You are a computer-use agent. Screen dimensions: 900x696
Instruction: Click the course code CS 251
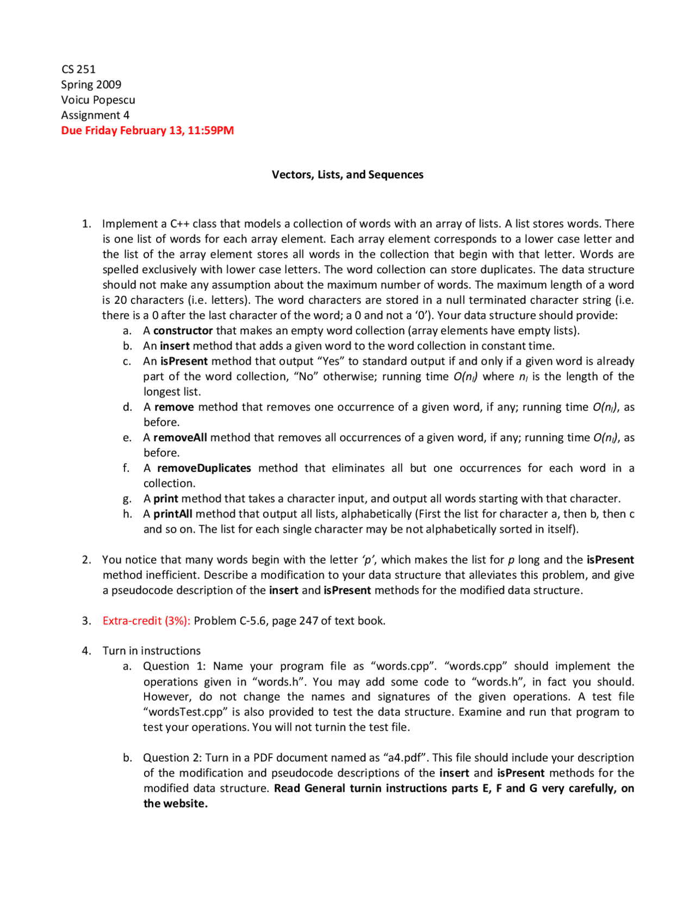point(78,69)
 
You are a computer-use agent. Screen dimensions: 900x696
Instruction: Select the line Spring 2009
point(91,84)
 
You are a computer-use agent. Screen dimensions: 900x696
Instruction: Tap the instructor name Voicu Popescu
point(98,99)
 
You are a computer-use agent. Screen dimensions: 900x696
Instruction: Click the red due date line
point(147,130)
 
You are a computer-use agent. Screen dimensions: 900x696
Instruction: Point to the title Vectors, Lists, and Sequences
point(347,174)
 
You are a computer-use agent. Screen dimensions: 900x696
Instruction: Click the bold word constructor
point(183,330)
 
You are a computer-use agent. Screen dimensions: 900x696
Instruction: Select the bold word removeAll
point(180,437)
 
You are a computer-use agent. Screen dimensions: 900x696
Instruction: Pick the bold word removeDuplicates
point(204,468)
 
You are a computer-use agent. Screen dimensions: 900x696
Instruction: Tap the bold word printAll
point(172,514)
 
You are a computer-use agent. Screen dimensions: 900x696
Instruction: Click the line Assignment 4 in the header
point(95,115)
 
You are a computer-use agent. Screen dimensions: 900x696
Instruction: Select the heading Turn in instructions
point(151,651)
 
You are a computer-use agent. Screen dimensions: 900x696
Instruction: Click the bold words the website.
point(175,803)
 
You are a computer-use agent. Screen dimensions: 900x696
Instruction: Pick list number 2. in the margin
point(86,560)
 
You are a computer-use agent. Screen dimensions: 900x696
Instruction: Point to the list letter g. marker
point(127,499)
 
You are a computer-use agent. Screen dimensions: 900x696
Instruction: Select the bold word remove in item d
point(174,407)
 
